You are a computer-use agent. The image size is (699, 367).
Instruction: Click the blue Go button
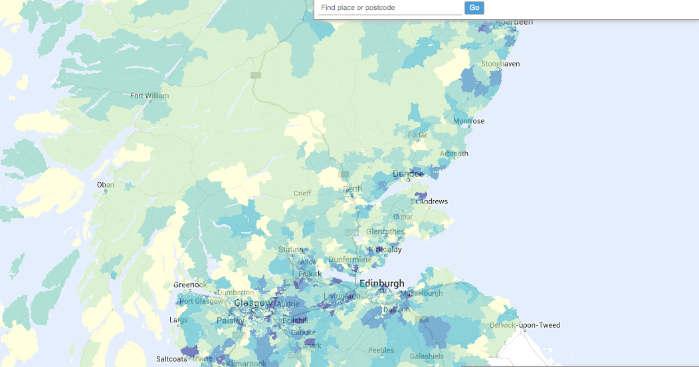[x=474, y=8]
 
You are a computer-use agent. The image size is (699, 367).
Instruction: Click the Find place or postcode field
[x=389, y=8]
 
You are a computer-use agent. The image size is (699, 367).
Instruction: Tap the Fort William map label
[x=150, y=96]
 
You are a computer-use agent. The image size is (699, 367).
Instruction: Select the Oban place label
[x=106, y=185]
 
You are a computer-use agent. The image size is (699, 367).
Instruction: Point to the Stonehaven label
[x=500, y=64]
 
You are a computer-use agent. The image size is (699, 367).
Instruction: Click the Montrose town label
[x=468, y=121]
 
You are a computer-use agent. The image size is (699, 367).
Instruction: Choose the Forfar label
[x=418, y=135]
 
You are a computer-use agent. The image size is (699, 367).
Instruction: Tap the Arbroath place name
[x=454, y=154]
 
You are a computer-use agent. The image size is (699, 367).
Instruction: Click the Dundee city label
[x=408, y=174]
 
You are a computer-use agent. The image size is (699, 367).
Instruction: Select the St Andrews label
[x=429, y=201]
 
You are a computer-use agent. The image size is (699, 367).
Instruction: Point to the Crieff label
[x=302, y=193]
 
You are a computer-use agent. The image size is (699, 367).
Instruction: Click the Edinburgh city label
[x=381, y=283]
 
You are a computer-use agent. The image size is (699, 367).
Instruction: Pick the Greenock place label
[x=190, y=285]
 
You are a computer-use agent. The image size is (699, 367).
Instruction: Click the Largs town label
[x=179, y=320]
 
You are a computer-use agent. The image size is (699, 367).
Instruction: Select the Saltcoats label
[x=171, y=358]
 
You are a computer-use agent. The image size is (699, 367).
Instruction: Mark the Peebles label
[x=381, y=350]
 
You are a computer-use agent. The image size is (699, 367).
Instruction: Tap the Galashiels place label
[x=427, y=356]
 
